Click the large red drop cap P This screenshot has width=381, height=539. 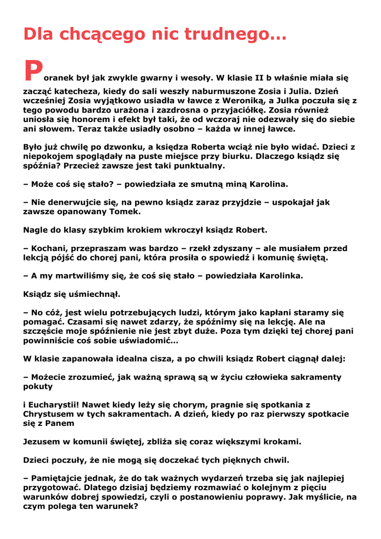(33, 71)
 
